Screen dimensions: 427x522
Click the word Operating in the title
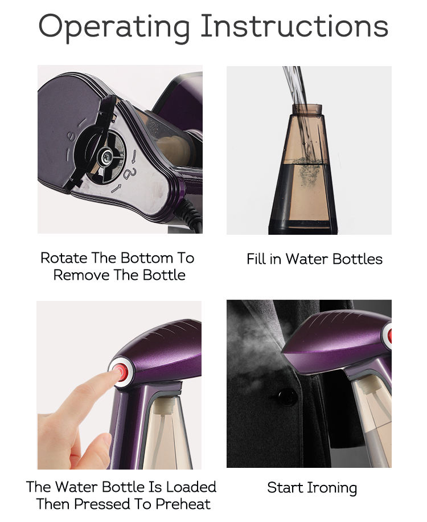tap(114, 27)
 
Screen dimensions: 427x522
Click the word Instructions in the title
tap(294, 26)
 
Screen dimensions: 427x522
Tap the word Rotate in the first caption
tap(64, 258)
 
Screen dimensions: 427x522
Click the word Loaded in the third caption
tap(191, 487)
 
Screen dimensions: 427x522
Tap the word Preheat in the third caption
tap(183, 504)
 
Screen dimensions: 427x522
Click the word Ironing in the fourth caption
tap(332, 489)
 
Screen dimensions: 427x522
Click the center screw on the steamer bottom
tap(107, 156)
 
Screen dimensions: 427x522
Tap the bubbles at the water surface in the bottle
tap(307, 162)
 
